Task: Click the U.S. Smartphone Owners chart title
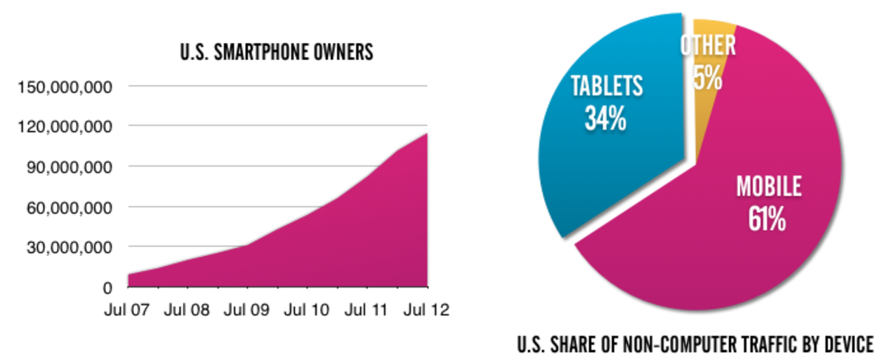point(278,53)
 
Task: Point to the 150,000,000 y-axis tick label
point(64,87)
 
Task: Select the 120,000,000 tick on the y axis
point(64,127)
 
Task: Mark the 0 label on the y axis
point(107,287)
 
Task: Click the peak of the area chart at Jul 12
point(427,133)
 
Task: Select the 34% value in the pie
point(605,119)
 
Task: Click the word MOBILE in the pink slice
point(769,187)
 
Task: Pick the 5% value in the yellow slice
point(707,78)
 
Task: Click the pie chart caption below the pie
point(694,344)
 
